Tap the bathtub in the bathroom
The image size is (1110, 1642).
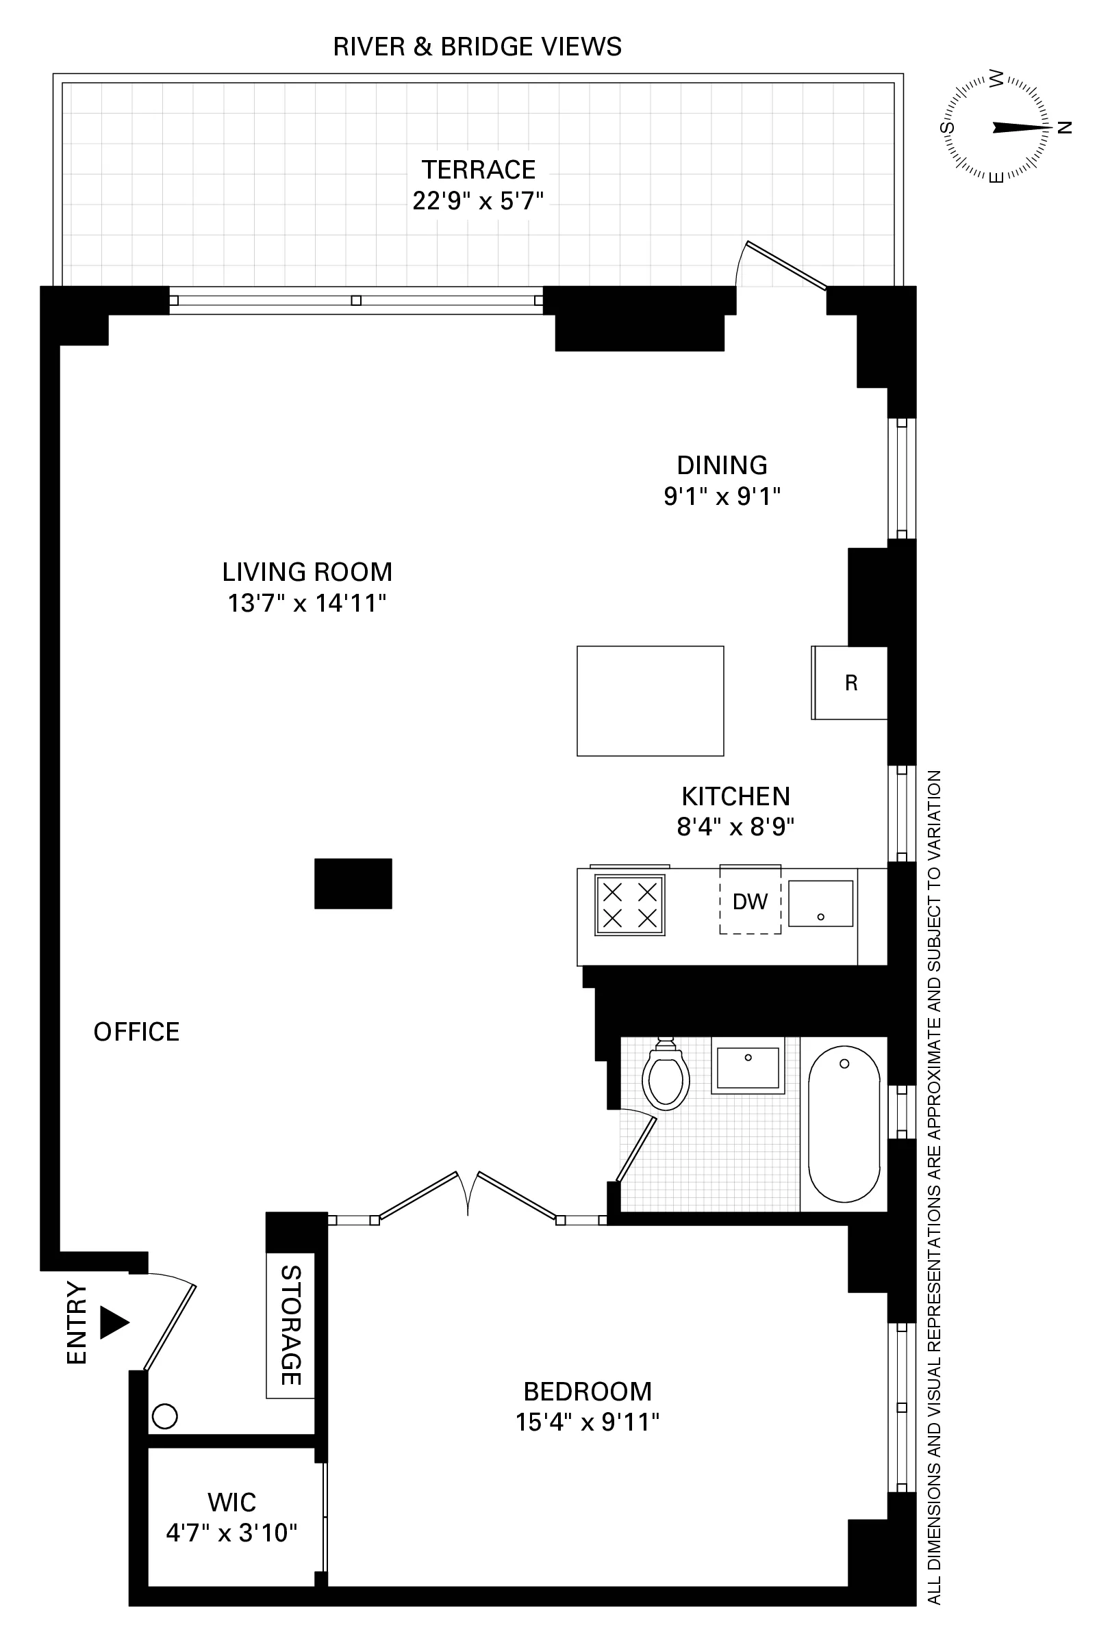[844, 1124]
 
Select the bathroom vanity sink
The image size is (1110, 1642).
[747, 1067]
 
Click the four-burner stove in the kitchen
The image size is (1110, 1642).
[629, 905]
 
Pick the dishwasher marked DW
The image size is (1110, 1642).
[750, 902]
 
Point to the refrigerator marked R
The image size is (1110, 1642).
[850, 683]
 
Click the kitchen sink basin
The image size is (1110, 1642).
[820, 904]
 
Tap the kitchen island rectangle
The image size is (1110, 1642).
[650, 701]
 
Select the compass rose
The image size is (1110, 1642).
[996, 128]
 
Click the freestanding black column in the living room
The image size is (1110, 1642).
[353, 883]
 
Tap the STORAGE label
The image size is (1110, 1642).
[290, 1325]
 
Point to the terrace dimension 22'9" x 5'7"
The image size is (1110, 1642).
[478, 201]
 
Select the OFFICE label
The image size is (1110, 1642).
[136, 1032]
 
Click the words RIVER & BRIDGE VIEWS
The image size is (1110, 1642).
[477, 47]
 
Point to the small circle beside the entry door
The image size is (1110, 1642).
[165, 1416]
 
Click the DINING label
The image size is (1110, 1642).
[722, 465]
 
